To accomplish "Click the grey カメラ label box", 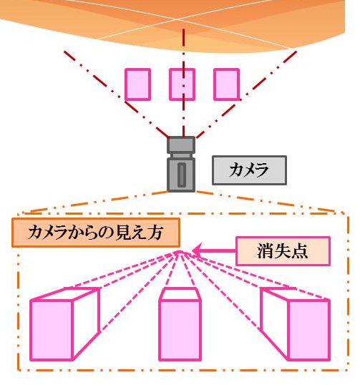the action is [249, 170].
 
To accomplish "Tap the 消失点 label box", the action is [283, 251].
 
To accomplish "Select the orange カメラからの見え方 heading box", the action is [96, 233].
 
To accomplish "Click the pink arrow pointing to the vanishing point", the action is [214, 250].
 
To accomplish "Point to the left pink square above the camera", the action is [137, 84].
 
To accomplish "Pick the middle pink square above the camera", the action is [183, 84].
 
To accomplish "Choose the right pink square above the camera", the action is [226, 84].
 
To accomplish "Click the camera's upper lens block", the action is [181, 145].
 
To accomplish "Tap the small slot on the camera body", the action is [182, 175].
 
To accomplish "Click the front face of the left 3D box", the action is [52, 330].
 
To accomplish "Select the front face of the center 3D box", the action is [180, 330].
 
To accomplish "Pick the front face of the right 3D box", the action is [308, 330].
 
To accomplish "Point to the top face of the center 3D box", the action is [180, 294].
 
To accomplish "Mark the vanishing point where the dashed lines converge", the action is [180, 252].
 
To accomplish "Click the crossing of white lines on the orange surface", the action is [177, 19].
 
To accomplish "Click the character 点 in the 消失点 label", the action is [299, 251].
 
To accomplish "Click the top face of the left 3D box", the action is [65, 294].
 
